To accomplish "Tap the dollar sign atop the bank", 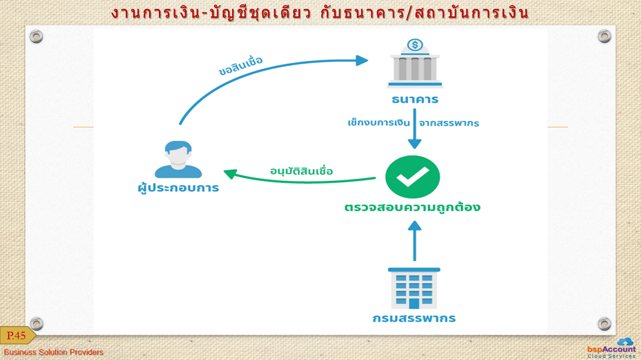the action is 415,44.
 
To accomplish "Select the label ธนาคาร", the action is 415,100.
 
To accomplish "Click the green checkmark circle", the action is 413,177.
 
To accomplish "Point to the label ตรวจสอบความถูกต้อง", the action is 412,207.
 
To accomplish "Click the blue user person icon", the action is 178,159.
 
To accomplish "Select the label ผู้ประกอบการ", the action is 178,188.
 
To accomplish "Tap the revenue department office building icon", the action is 414,288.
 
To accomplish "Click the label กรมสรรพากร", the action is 414,318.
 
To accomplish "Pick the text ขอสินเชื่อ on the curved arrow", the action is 240,66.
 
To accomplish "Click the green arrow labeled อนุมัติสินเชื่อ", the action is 299,179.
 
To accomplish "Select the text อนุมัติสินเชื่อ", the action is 302,170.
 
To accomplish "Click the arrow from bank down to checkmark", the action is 414,128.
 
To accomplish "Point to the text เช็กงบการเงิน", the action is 379,122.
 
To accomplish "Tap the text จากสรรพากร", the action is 449,123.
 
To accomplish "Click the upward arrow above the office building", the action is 414,240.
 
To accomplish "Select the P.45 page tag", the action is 17,336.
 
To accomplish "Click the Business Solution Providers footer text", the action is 54,352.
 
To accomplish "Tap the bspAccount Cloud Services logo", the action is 612,348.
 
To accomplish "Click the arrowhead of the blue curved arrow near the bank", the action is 362,61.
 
